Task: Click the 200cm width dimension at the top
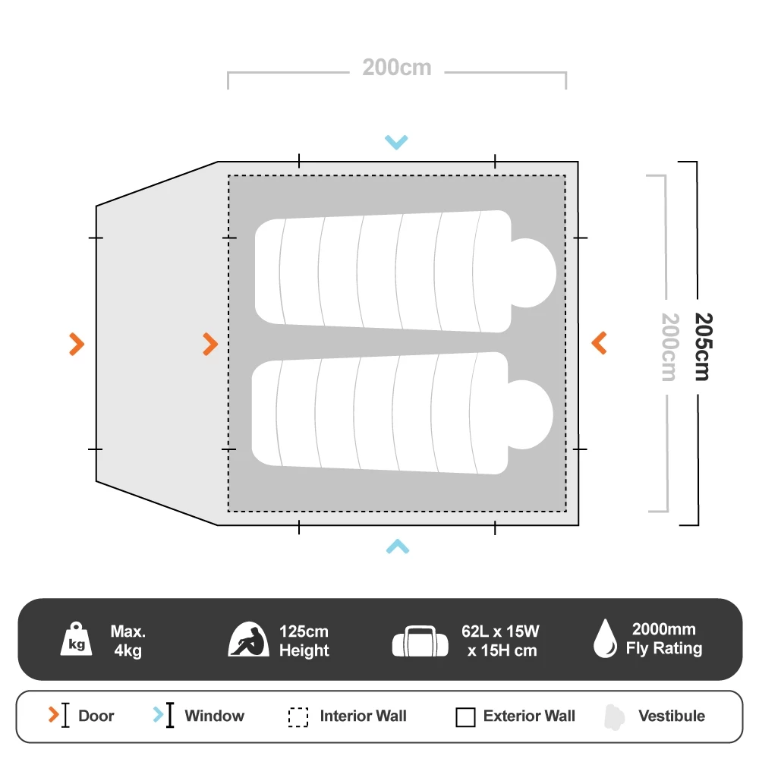396,68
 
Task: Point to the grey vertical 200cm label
669,346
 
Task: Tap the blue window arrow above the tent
396,141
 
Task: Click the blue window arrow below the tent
397,546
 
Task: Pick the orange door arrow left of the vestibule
76,344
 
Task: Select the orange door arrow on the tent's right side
599,343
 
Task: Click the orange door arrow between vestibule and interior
210,344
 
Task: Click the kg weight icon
77,640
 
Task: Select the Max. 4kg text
128,641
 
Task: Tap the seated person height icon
249,641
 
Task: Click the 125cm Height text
304,641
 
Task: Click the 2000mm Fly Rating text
663,639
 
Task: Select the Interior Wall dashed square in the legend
298,716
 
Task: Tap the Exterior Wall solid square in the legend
465,716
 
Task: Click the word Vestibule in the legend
672,716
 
